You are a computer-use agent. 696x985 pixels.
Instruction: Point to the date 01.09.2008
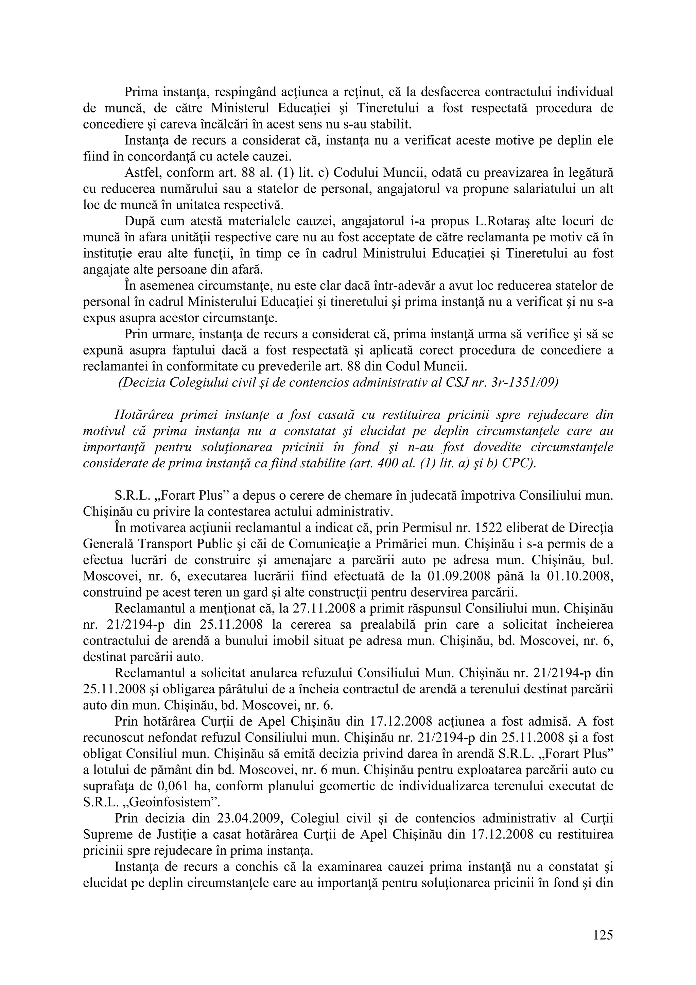[x=459, y=576]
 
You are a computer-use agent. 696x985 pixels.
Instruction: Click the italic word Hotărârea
[x=143, y=415]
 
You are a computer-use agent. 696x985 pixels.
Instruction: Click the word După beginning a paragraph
[x=139, y=221]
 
